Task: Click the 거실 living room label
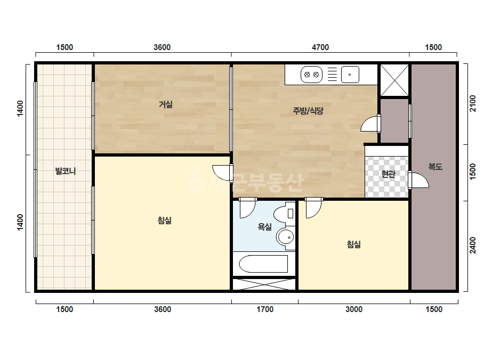tap(165, 104)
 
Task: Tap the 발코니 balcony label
tap(65, 171)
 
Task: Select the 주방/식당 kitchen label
tap(308, 110)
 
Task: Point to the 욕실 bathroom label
tap(264, 226)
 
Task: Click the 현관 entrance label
tap(388, 174)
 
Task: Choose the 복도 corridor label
tap(435, 167)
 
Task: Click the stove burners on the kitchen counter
tap(312, 75)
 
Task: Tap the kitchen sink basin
tap(350, 75)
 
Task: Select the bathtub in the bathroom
tap(263, 264)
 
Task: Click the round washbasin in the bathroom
tap(285, 237)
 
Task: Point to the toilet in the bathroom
tap(285, 214)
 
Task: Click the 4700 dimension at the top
tap(320, 47)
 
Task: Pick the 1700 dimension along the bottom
tap(265, 309)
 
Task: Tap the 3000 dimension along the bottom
tap(354, 309)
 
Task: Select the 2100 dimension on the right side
tap(473, 103)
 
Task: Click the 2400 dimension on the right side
tap(473, 245)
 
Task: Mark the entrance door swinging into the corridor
tap(418, 181)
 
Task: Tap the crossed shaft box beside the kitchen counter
tap(394, 80)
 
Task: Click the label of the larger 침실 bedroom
tap(164, 220)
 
